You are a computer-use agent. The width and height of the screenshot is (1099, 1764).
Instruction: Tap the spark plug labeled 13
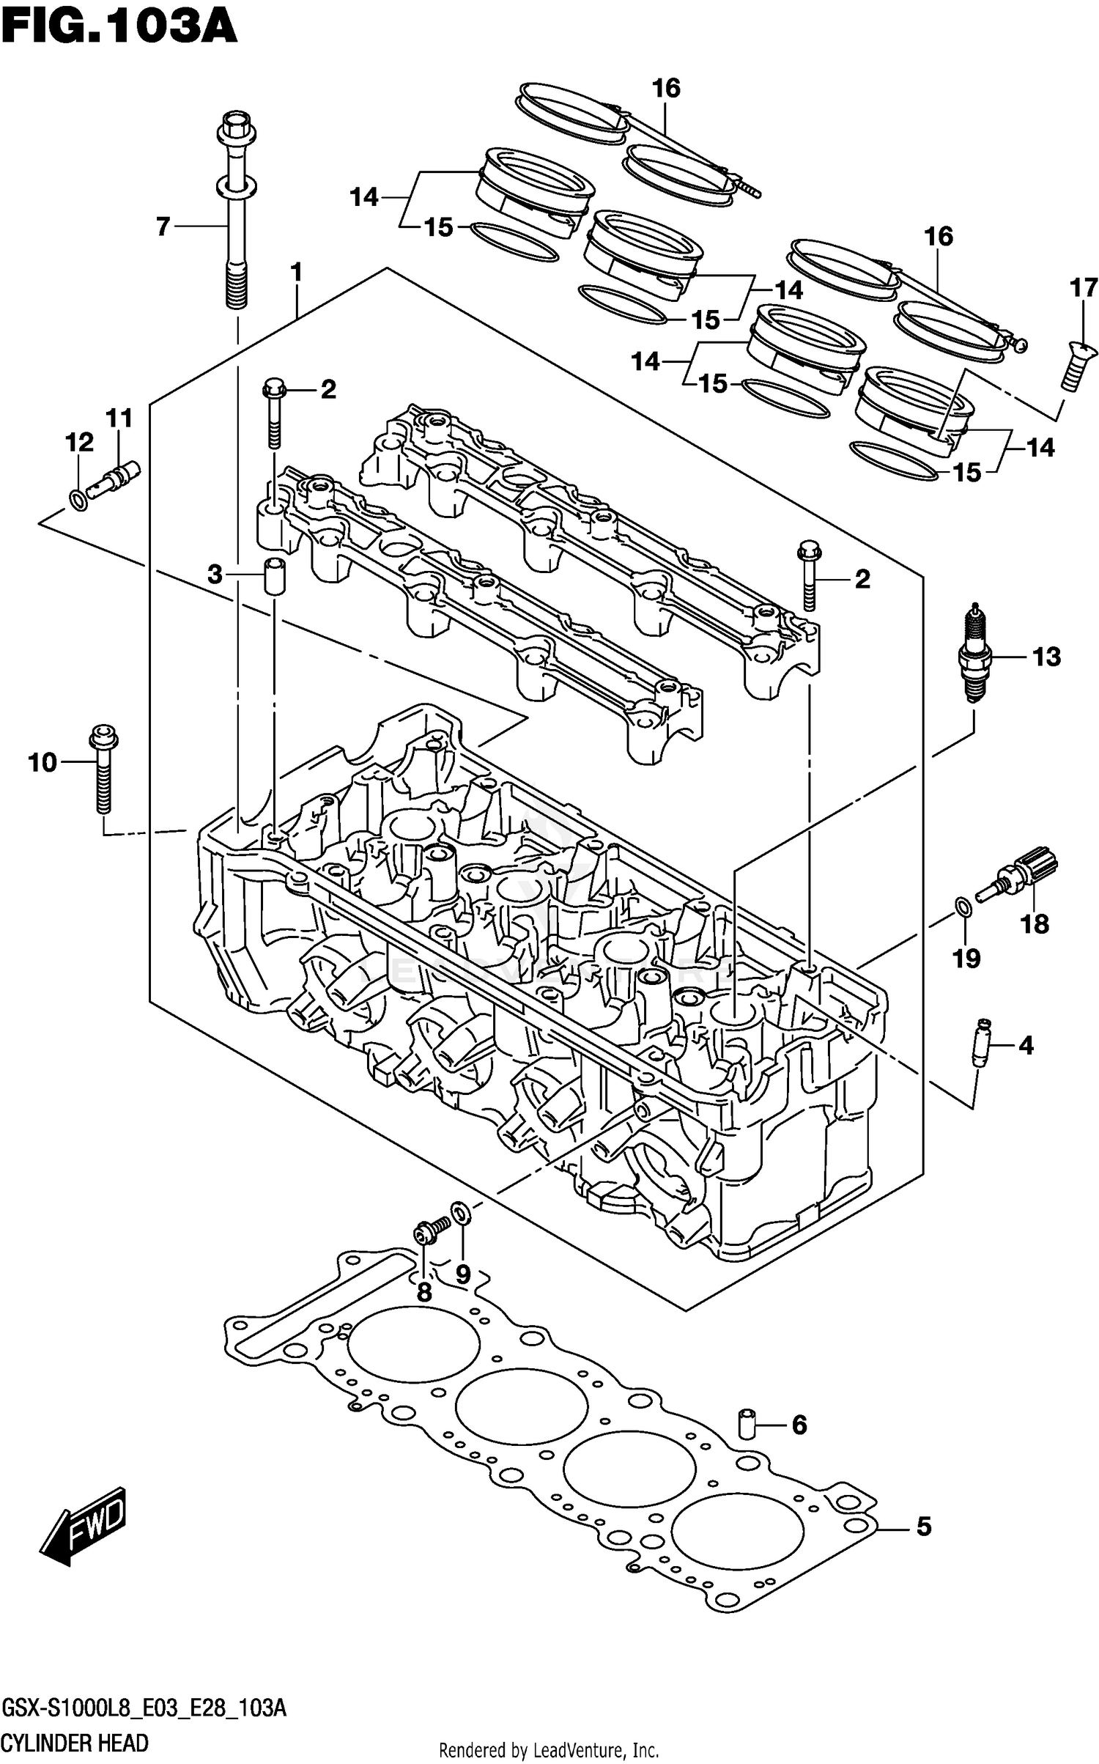(974, 654)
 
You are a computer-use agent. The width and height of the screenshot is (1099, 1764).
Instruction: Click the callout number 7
(163, 226)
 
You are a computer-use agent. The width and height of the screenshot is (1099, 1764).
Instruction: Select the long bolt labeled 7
(236, 220)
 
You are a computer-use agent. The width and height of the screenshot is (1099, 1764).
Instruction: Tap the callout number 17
(1084, 288)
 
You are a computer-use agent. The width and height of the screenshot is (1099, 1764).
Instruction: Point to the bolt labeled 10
(103, 770)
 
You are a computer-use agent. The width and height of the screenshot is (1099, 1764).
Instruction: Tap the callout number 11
(119, 418)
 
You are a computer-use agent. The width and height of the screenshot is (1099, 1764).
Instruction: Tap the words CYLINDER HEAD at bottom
(75, 1743)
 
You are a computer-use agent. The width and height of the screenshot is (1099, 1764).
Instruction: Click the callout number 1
(296, 273)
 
